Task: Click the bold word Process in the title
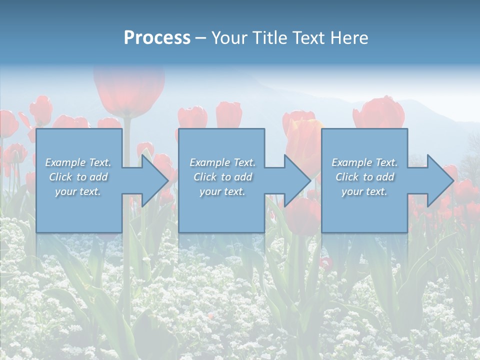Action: [x=157, y=38]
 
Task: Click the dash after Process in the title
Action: [x=201, y=38]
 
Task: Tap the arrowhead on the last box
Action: [x=440, y=180]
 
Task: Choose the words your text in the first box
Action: [x=78, y=191]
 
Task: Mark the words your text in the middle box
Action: [x=222, y=191]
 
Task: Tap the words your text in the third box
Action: [x=364, y=191]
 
